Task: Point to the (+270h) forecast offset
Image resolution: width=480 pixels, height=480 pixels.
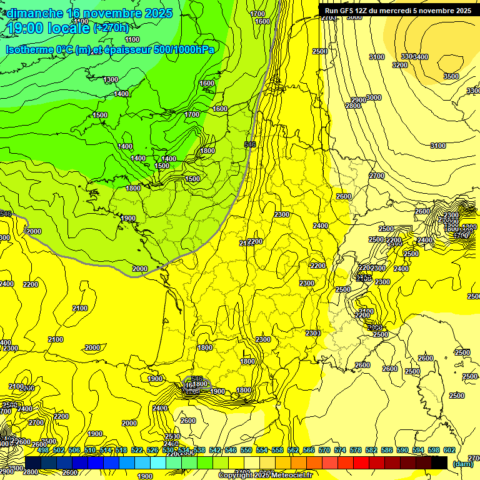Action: click(x=111, y=28)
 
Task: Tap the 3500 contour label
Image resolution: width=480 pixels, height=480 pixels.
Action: click(x=451, y=76)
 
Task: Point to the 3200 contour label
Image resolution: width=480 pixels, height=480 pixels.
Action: click(x=400, y=65)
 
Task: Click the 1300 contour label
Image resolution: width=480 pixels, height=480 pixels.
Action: click(x=111, y=80)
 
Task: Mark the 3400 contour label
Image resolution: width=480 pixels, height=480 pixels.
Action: click(x=421, y=57)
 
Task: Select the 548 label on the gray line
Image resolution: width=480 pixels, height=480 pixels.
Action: click(x=250, y=144)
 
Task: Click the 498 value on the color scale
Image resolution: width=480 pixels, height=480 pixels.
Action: click(x=43, y=451)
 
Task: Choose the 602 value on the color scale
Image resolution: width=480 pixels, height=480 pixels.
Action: click(x=449, y=451)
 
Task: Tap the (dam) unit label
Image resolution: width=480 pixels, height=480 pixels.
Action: click(x=462, y=464)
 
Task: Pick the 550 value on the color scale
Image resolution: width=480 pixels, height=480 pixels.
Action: click(x=246, y=451)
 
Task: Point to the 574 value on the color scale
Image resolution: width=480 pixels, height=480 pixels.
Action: click(x=340, y=451)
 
